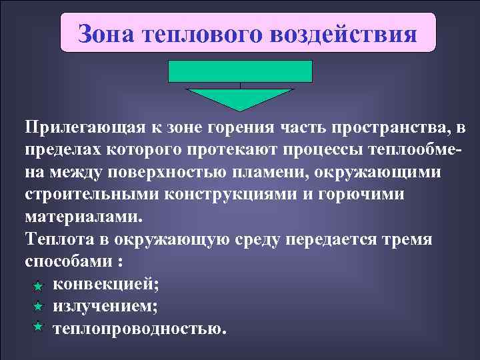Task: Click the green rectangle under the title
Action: pos(240,71)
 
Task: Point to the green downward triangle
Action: pos(240,99)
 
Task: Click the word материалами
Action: pos(83,217)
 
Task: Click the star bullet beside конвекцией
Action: pos(38,285)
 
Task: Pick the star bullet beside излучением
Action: pos(38,306)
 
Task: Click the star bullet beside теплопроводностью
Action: pos(38,327)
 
